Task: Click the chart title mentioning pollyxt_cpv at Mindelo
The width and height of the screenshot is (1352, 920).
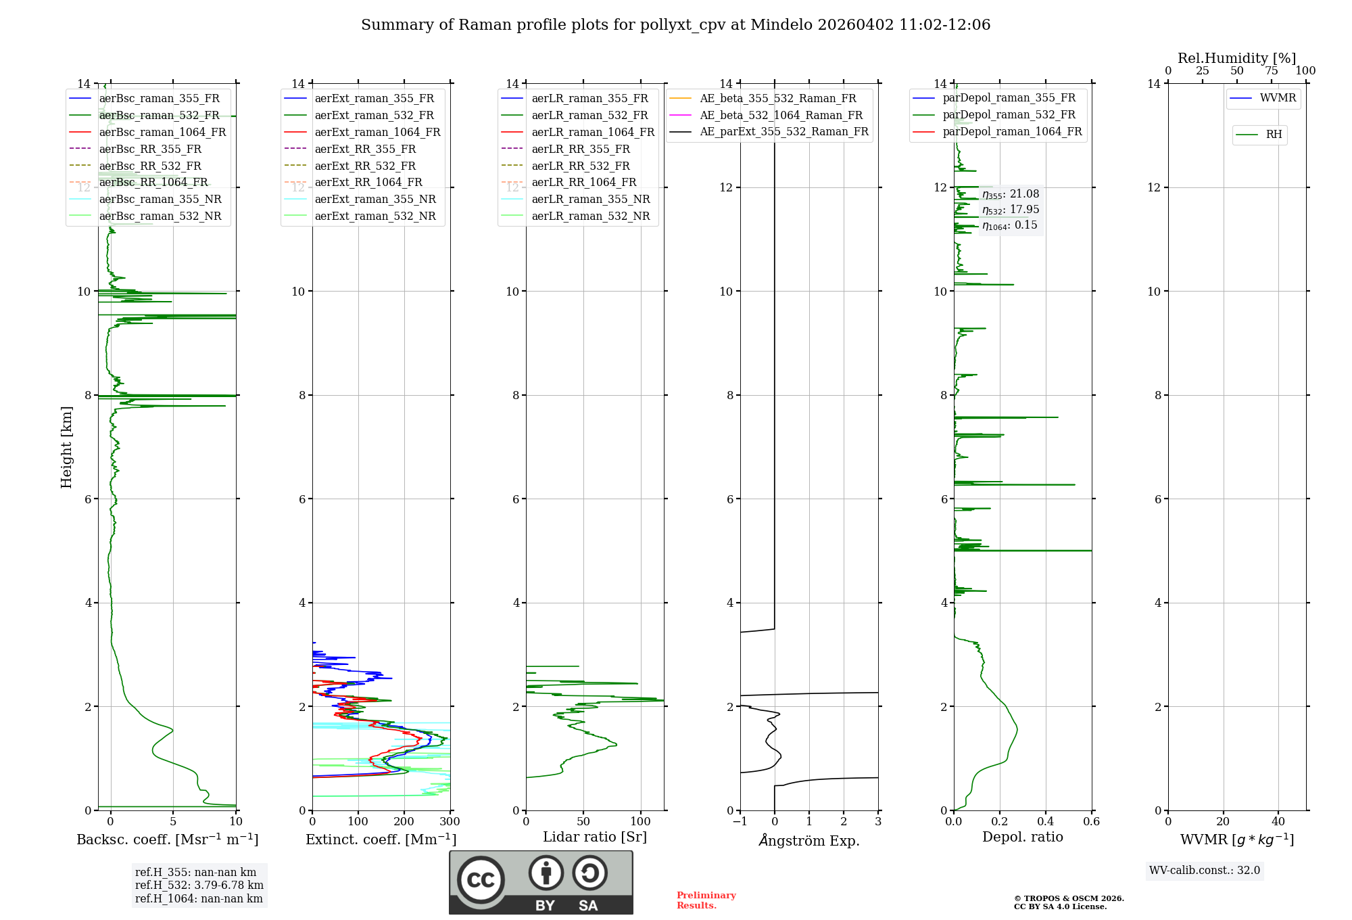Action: (x=675, y=25)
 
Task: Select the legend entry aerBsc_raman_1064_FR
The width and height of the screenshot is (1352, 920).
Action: (x=162, y=132)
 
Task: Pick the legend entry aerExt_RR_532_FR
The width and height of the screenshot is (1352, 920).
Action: (x=365, y=166)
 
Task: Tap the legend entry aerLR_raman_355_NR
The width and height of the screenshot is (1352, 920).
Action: (x=590, y=199)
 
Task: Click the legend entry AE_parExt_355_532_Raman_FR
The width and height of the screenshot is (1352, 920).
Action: (x=783, y=131)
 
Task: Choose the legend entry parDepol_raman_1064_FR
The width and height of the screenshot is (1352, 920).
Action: (x=1012, y=131)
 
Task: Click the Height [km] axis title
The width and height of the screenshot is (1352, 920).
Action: (x=66, y=447)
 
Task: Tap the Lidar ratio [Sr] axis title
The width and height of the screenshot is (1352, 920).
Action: (x=595, y=837)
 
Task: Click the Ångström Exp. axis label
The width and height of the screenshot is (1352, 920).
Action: (x=809, y=840)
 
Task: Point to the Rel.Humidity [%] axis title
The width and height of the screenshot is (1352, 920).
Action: (x=1236, y=58)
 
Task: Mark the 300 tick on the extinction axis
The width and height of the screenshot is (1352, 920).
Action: (x=450, y=822)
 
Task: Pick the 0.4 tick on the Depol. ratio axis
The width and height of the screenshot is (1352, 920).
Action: (x=1045, y=822)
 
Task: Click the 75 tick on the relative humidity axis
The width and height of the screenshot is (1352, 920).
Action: (x=1272, y=71)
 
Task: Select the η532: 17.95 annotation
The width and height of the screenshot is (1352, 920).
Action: (x=1011, y=210)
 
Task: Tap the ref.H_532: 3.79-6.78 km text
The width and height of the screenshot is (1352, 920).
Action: (x=199, y=885)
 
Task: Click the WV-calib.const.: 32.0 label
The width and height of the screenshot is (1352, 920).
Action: (x=1205, y=871)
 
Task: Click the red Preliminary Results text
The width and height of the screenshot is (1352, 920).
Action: (x=706, y=900)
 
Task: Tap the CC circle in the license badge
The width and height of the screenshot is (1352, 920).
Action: (x=481, y=880)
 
